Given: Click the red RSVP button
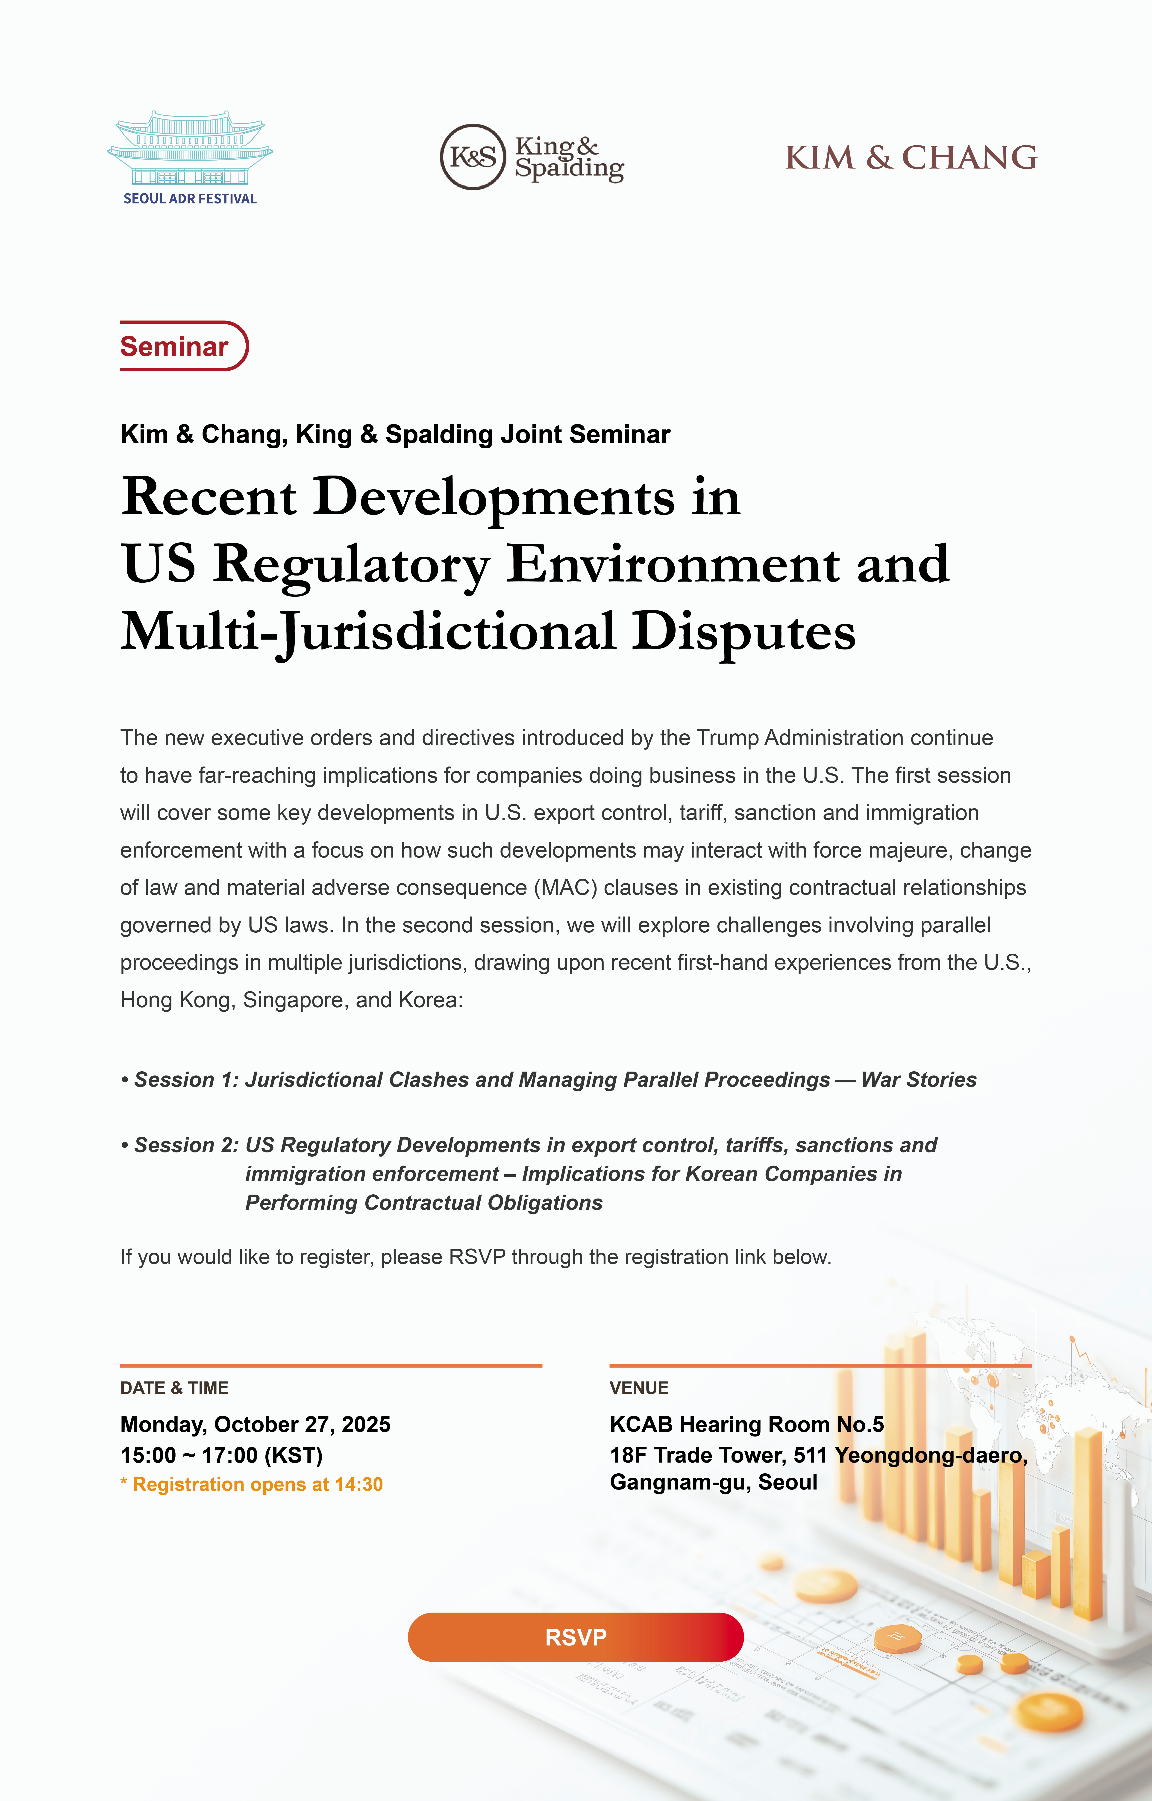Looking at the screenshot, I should [575, 1637].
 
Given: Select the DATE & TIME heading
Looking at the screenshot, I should [174, 1388].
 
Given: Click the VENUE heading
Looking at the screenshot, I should [639, 1388].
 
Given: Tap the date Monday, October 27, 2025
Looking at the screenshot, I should [255, 1424].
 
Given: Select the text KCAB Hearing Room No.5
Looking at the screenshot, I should [746, 1424].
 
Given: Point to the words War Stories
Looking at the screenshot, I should [919, 1080].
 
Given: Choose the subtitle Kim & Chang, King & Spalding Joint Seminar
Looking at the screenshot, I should [395, 435].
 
